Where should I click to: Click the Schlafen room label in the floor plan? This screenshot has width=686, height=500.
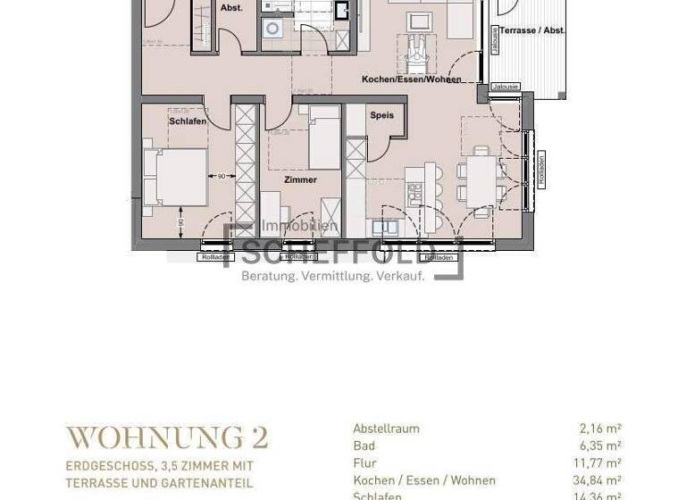188,121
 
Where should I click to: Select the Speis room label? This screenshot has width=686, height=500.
381,115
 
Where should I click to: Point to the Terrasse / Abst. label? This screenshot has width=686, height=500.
531,30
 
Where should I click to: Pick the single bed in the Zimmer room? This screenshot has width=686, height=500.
324,137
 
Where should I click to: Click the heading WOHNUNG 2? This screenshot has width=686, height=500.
167,437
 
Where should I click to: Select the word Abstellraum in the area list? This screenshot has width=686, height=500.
386,429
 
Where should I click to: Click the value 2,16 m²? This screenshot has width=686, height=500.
600,429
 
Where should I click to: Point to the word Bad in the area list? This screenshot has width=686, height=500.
363,446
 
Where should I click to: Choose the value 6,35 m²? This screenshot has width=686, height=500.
600,446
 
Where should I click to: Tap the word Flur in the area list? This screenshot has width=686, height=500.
364,463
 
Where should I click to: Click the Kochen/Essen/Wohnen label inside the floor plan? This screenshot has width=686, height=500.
411,79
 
